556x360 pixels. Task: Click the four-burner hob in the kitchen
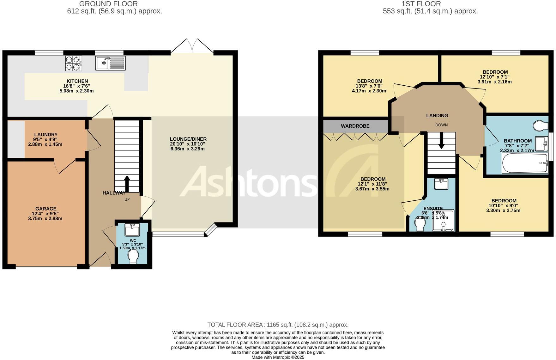coord(73,63)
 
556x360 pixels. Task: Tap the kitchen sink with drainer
coord(110,63)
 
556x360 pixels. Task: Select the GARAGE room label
coord(46,209)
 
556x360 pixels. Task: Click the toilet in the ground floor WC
coord(133,257)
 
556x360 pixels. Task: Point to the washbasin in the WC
coord(132,230)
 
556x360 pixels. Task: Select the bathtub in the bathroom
coord(525,163)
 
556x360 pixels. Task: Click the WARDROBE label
coord(355,126)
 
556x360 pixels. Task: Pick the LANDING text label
coord(437,116)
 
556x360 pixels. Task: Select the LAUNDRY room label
coord(46,135)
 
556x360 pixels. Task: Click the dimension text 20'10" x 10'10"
coord(188,144)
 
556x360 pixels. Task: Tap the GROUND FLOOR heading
coord(108,4)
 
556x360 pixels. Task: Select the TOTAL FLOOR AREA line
coord(278,325)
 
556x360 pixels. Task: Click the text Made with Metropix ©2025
coord(278,357)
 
